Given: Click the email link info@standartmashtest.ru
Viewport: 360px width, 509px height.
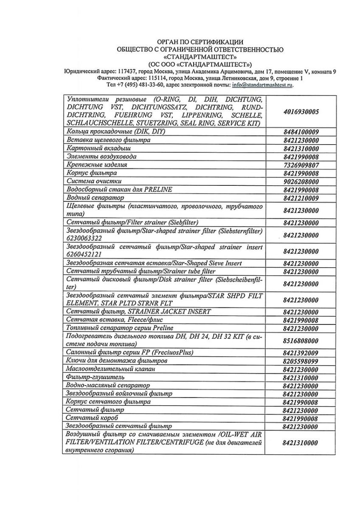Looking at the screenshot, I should click(262, 84).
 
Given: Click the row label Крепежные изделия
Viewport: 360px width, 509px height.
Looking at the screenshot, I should click(97, 165).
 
